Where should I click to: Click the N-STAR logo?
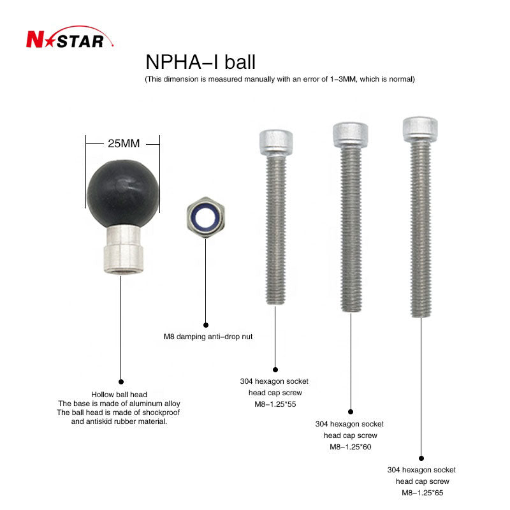(x=69, y=38)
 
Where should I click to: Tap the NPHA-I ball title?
(x=200, y=62)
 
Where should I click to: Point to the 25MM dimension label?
(x=124, y=143)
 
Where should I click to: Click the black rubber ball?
(x=123, y=194)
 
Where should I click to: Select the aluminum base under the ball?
(x=124, y=250)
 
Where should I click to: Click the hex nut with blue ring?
(x=205, y=217)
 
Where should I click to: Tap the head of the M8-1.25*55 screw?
(x=276, y=143)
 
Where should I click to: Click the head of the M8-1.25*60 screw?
(x=350, y=135)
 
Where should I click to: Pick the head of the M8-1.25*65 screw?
(x=420, y=129)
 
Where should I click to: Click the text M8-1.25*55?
(x=275, y=404)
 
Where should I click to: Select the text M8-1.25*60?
(x=350, y=447)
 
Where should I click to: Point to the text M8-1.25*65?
(x=422, y=493)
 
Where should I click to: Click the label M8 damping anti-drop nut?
(x=208, y=337)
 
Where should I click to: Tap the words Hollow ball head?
(x=119, y=395)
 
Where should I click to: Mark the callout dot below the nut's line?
(x=205, y=325)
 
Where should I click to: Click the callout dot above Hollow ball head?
(x=121, y=381)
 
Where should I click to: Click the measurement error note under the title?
(x=280, y=79)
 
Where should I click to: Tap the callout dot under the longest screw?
(x=421, y=458)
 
